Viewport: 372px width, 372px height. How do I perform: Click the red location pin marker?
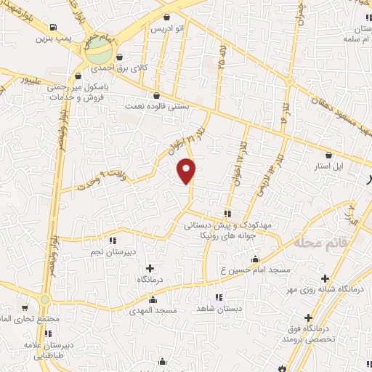[x=187, y=171]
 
